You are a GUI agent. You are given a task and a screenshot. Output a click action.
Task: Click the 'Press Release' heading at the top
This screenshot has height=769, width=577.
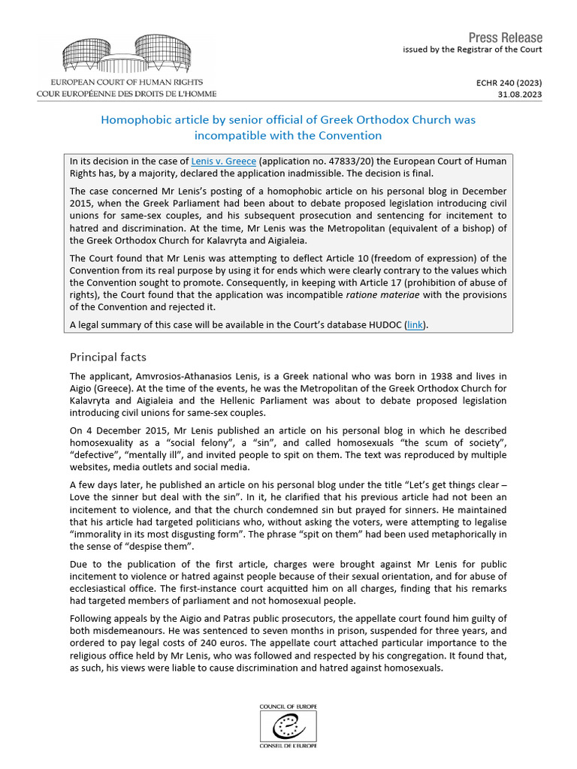coord(505,38)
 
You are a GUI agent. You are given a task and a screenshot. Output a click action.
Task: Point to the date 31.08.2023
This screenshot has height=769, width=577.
coord(520,95)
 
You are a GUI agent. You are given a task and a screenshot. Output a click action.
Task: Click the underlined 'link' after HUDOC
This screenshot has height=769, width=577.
coord(414,324)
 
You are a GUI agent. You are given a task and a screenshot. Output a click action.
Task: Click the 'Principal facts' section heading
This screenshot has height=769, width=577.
coord(107,356)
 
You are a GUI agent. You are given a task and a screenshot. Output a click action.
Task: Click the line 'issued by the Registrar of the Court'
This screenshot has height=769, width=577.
coord(472,50)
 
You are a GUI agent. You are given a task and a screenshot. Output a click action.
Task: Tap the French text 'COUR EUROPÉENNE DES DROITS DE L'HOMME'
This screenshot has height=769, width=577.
coord(126,94)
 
